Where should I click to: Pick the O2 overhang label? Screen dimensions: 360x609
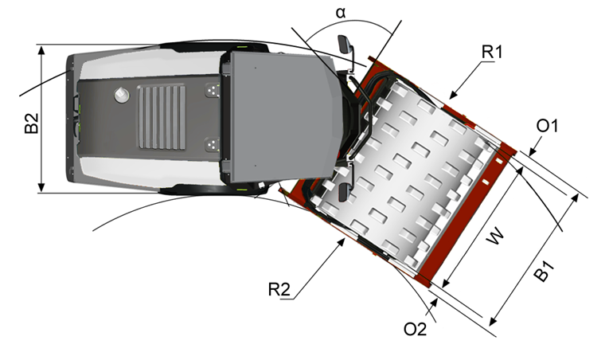click(416, 327)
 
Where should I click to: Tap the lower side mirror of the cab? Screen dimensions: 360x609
click(345, 191)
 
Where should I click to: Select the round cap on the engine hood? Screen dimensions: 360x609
click(122, 95)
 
